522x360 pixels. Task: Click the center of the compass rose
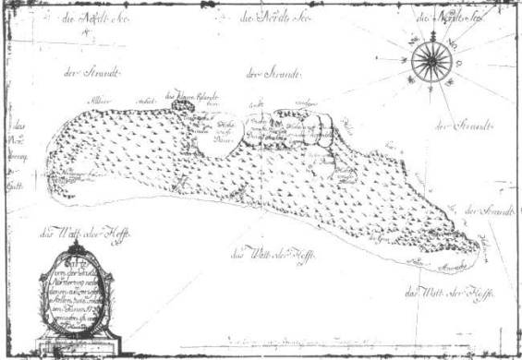coord(431,62)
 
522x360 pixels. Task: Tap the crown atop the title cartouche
coord(77,247)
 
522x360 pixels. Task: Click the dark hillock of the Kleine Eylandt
coord(181,108)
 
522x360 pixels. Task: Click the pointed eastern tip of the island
coord(479,246)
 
